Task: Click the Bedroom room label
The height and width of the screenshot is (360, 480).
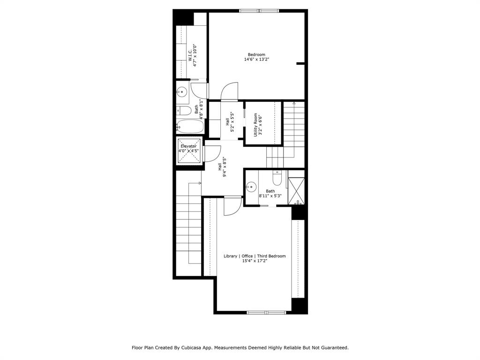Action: pyautogui.click(x=256, y=54)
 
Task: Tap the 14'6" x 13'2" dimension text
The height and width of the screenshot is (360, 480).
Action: pyautogui.click(x=256, y=60)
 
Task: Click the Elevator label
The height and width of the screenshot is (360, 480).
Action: pyautogui.click(x=188, y=146)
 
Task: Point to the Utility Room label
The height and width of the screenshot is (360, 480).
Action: pyautogui.click(x=255, y=125)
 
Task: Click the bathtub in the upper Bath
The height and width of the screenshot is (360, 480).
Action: pyautogui.click(x=190, y=126)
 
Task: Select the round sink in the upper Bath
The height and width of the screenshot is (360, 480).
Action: pyautogui.click(x=182, y=91)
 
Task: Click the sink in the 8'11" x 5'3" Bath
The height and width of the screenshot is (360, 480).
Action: pyautogui.click(x=251, y=187)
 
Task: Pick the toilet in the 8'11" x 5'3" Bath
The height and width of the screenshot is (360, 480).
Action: pyautogui.click(x=277, y=178)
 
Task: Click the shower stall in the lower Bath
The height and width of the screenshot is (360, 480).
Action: pyautogui.click(x=296, y=190)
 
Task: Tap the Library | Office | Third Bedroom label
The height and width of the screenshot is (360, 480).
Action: pyautogui.click(x=255, y=256)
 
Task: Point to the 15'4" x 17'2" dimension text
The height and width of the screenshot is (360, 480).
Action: pyautogui.click(x=255, y=261)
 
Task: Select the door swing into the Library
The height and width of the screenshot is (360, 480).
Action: pyautogui.click(x=232, y=206)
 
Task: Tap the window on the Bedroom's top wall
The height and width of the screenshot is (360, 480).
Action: pyautogui.click(x=259, y=10)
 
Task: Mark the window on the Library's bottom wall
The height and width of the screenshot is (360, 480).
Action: pyautogui.click(x=266, y=312)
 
